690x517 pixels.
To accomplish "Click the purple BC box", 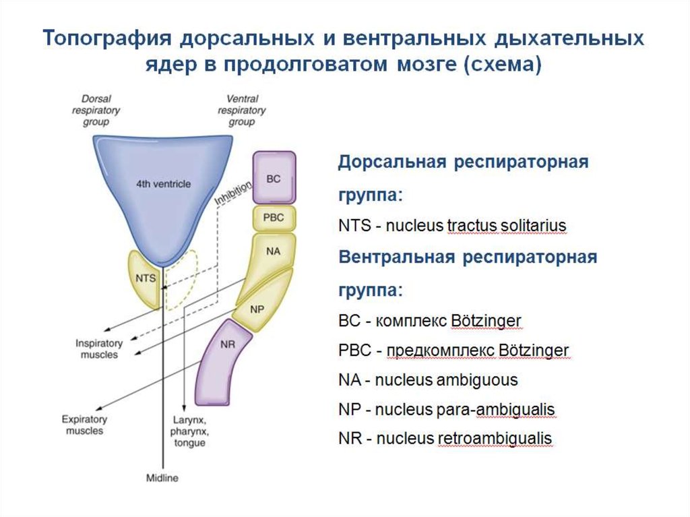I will (274, 178).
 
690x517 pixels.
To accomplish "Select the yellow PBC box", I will (274, 218).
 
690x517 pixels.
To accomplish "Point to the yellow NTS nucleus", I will (145, 278).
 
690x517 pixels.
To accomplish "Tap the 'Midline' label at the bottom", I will (162, 479).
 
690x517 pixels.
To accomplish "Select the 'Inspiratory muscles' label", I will (98, 348).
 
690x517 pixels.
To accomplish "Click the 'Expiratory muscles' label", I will (84, 424).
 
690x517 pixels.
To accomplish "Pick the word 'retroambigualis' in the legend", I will (495, 439).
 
